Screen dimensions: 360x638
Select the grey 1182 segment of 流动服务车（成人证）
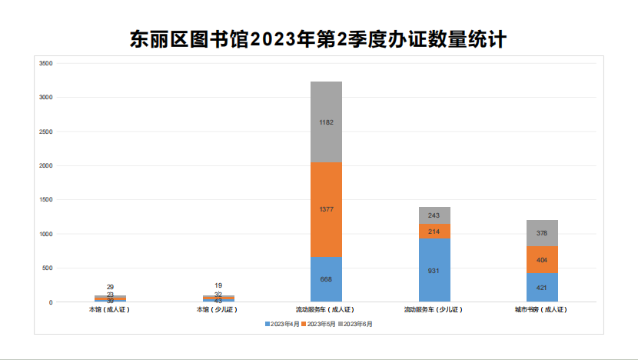tap(326, 122)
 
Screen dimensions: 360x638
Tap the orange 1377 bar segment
tap(326, 209)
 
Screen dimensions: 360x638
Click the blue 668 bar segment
tap(326, 279)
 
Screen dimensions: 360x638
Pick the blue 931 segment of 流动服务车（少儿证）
tap(434, 270)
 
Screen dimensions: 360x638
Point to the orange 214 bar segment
tap(434, 231)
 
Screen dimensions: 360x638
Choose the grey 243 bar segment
tap(434, 215)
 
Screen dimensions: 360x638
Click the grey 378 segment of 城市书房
tap(542, 233)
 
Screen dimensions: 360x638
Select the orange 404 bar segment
tap(542, 260)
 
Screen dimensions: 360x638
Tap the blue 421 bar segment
tap(542, 288)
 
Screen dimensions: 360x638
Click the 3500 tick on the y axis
tap(45, 63)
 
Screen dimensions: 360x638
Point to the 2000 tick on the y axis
tap(45, 165)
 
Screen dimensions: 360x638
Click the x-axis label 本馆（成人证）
tap(111, 309)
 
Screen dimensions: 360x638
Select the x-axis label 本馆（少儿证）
tap(218, 309)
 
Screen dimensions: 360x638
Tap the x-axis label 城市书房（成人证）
tap(541, 309)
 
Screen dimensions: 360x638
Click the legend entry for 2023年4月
tap(284, 324)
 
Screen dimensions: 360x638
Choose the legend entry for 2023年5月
tap(321, 324)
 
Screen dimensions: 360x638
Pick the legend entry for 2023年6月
tap(357, 324)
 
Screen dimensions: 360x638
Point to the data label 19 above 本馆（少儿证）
tap(218, 285)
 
